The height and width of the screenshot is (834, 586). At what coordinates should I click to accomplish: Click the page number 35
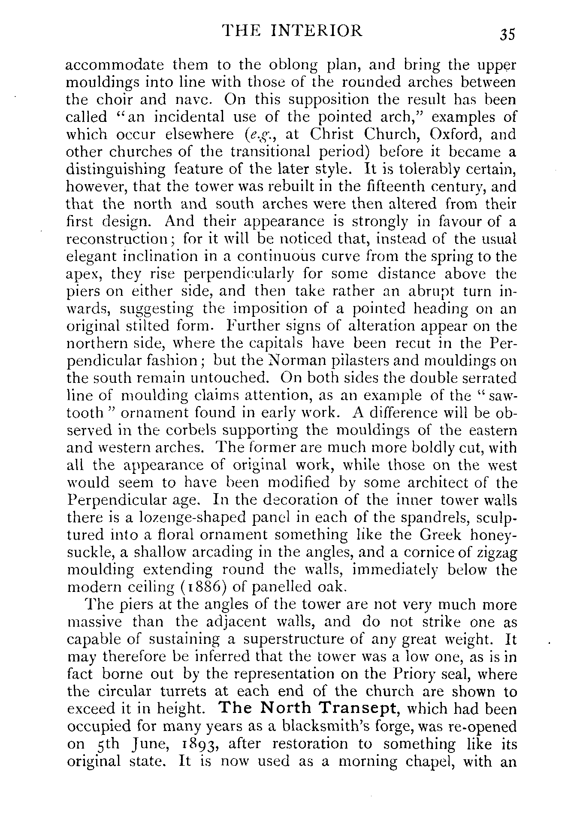point(507,34)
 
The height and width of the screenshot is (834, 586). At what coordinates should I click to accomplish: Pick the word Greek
point(441,535)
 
